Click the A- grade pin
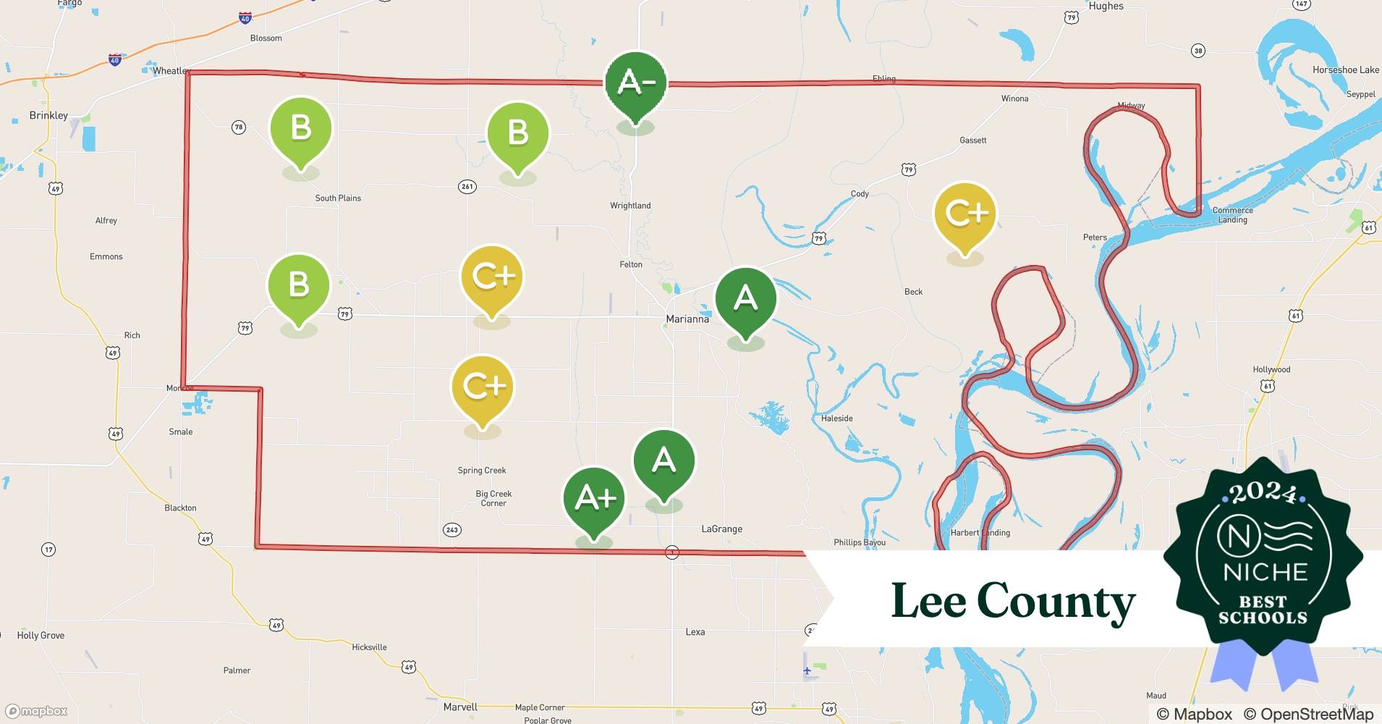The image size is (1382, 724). point(635,83)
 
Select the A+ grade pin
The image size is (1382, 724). point(594,498)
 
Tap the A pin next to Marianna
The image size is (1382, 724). point(745,298)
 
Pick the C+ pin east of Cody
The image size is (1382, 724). point(965,214)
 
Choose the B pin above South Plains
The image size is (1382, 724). point(300,129)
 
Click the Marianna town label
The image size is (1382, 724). point(687,319)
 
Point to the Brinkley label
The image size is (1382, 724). point(48,115)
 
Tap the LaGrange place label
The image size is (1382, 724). point(721,529)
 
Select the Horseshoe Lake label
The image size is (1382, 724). point(1345,70)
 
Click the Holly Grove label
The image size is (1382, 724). point(41,636)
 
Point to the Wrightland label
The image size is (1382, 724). point(630,206)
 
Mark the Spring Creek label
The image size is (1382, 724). point(482,471)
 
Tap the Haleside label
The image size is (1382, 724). point(836,418)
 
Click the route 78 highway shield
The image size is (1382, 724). point(239,127)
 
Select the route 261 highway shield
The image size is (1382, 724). point(467,187)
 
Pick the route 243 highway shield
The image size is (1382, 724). point(452,530)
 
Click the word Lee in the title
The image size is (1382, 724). point(928,601)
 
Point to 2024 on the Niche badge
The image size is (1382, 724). point(1263,492)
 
